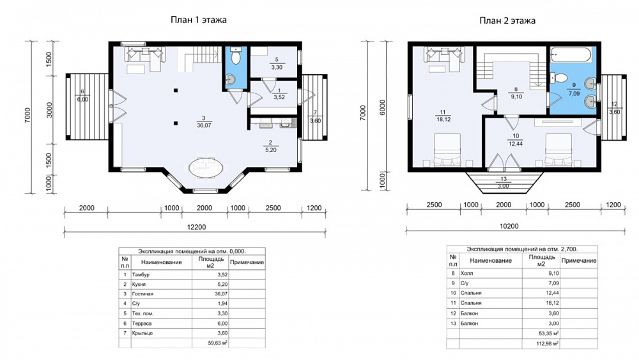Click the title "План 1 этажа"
pos(199,20)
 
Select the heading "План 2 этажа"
pos(507,21)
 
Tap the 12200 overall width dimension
pos(196,227)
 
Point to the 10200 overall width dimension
pos(509,226)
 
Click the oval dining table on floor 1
pos(206,167)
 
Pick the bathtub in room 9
pos(571,55)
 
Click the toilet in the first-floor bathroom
pos(236,56)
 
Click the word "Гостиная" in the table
pos(142,294)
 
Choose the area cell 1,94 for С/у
pos(222,304)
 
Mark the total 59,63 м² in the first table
pos(218,343)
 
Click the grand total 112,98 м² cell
pos(548,343)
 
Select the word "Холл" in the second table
pos(466,273)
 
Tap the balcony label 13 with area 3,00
pos(504,183)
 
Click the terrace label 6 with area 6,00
pos(82,96)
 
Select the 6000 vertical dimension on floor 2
pos(382,107)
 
